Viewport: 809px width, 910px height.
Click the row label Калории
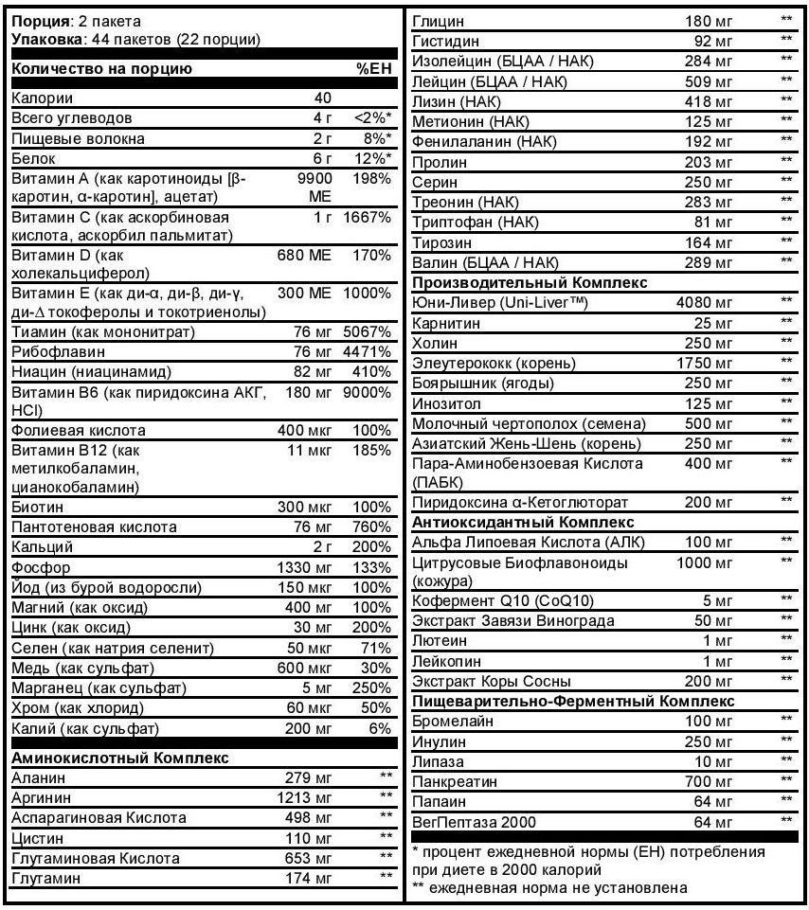pyautogui.click(x=41, y=98)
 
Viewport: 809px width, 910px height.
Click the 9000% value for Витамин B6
pyautogui.click(x=370, y=392)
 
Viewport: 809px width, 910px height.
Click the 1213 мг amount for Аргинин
pyautogui.click(x=307, y=797)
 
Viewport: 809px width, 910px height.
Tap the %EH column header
pyautogui.click(x=373, y=68)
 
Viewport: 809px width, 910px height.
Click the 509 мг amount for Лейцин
pyautogui.click(x=709, y=80)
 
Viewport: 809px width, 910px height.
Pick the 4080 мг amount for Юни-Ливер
pyautogui.click(x=705, y=302)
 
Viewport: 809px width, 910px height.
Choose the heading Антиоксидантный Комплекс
pyautogui.click(x=523, y=521)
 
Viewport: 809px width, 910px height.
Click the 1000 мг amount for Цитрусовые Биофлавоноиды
pyautogui.click(x=705, y=562)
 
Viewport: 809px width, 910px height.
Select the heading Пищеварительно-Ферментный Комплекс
pyautogui.click(x=573, y=701)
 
